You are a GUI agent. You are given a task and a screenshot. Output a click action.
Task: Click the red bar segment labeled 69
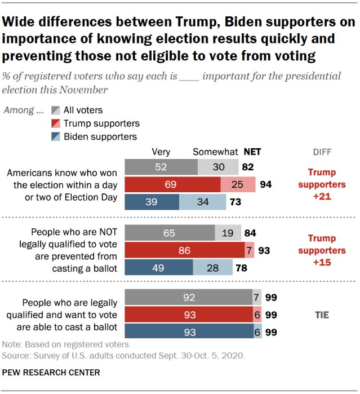click(172, 184)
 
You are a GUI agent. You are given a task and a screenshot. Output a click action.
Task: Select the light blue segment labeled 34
click(203, 202)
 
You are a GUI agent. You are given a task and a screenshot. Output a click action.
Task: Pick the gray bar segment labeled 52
click(161, 167)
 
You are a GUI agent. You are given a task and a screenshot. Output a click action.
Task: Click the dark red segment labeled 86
click(184, 250)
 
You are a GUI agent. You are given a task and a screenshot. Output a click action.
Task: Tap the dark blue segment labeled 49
click(158, 267)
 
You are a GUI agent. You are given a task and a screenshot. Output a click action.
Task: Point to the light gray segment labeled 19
click(228, 233)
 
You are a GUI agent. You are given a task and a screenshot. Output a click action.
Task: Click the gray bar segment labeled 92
click(189, 296)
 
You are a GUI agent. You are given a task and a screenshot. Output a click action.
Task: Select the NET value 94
click(264, 185)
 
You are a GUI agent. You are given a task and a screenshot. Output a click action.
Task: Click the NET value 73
click(235, 202)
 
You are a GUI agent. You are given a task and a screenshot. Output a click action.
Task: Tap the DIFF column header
click(322, 152)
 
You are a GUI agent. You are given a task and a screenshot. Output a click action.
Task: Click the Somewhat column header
click(215, 152)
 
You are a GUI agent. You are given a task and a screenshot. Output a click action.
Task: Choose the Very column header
click(161, 152)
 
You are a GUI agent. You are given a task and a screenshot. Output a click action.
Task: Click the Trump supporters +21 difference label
click(322, 184)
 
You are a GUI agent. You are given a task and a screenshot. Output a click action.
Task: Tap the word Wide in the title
click(20, 23)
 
